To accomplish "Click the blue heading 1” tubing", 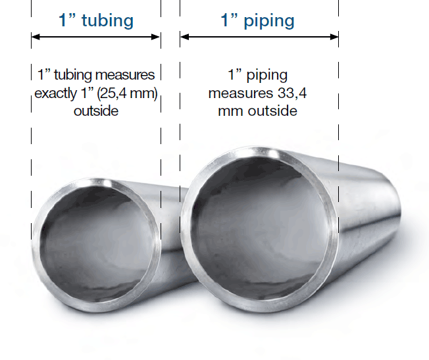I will pos(96,20).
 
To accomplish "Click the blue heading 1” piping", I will pos(257,20).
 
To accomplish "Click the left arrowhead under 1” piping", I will pos(184,37).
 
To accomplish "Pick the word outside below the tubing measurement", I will pos(96,111).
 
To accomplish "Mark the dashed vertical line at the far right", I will pos(339,132).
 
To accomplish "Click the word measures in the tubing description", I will pos(124,75).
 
